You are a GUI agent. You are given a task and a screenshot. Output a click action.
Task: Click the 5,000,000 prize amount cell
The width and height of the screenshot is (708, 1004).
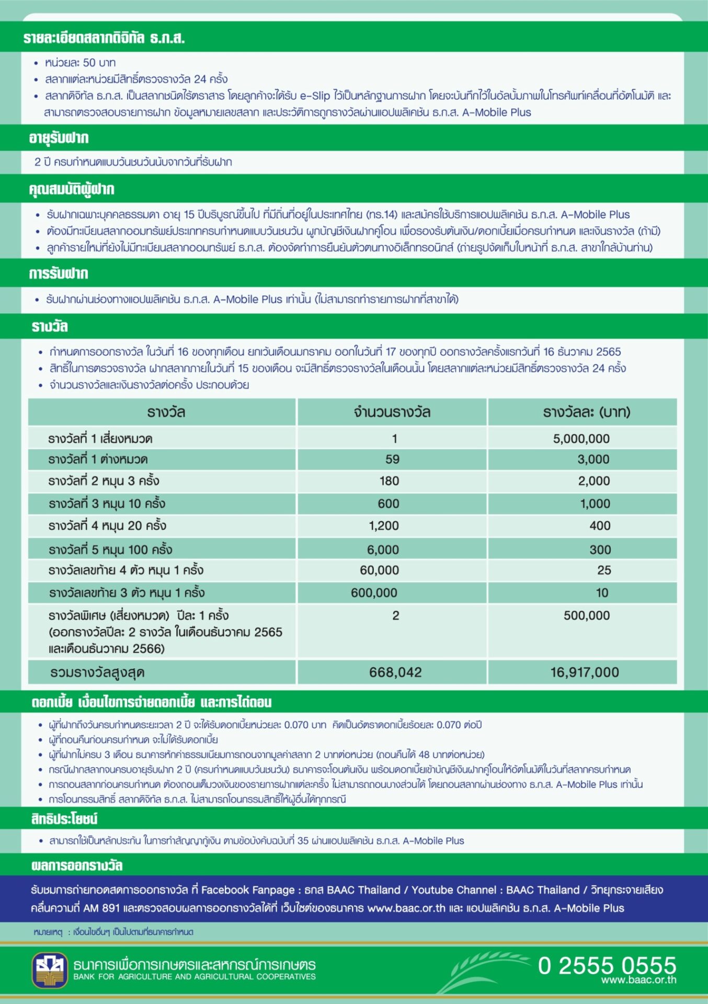[x=581, y=438]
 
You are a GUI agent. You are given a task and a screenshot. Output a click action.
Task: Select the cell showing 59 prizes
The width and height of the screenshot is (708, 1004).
[x=392, y=459]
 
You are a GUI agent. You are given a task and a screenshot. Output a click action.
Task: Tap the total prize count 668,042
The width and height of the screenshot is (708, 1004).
[x=395, y=672]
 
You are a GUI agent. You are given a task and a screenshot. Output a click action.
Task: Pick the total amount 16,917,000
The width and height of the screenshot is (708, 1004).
[x=584, y=672]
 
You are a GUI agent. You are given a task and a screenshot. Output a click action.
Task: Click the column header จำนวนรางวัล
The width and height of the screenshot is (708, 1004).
[x=392, y=412]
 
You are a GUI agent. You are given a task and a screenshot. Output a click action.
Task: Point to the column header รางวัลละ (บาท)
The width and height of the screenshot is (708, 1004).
[x=586, y=412]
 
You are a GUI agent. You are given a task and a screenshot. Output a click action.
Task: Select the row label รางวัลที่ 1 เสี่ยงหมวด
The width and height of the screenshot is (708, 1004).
[x=100, y=438]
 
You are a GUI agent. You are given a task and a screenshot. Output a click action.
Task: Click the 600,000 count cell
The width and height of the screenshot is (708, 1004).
[x=374, y=592]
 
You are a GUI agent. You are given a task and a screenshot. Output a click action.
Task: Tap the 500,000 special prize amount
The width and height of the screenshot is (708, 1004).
[x=586, y=615]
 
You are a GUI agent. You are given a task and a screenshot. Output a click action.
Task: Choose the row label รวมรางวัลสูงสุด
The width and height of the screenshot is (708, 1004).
[x=97, y=672]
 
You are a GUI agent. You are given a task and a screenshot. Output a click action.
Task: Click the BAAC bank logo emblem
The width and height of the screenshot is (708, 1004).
[x=50, y=970]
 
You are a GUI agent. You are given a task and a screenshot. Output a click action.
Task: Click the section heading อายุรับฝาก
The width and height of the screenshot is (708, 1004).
[x=59, y=138]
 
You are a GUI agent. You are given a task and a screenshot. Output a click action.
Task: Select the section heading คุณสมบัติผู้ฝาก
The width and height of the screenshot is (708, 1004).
[x=72, y=189]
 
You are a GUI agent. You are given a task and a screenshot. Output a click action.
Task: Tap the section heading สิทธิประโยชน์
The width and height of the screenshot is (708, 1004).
[x=64, y=818]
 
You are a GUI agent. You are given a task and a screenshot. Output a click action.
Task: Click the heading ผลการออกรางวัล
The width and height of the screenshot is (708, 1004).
[x=77, y=865]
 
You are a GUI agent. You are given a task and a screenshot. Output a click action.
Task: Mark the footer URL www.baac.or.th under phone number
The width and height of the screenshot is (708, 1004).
[x=638, y=980]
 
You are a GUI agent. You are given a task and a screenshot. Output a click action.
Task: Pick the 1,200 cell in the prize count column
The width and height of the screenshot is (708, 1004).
[x=384, y=526]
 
